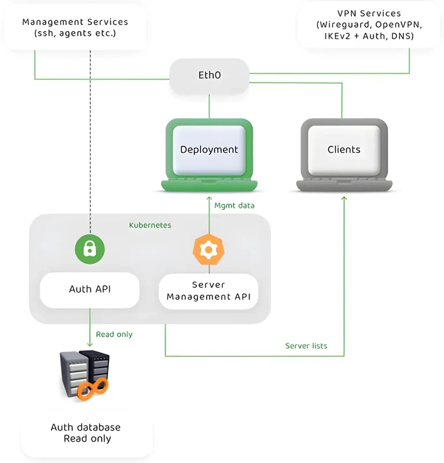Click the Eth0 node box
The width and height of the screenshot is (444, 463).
tap(209, 75)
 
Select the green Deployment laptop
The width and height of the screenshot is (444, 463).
tap(209, 153)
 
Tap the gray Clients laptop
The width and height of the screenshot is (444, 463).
tap(344, 153)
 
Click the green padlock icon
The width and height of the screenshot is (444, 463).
tap(89, 249)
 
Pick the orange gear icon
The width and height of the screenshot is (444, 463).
tap(208, 249)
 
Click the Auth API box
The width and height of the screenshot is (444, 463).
tap(89, 289)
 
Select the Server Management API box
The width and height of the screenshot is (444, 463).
tap(208, 291)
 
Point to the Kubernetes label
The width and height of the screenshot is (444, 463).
tap(150, 225)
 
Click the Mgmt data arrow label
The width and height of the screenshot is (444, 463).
tap(234, 205)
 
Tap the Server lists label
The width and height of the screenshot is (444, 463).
tap(306, 346)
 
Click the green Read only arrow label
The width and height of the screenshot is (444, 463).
tap(114, 335)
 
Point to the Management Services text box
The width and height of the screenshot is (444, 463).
tap(75, 28)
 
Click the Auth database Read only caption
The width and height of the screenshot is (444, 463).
tap(86, 433)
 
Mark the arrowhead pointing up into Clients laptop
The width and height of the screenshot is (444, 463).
tap(344, 199)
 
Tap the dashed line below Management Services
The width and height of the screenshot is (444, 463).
tap(91, 145)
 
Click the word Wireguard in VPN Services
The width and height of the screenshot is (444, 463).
tap(341, 25)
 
